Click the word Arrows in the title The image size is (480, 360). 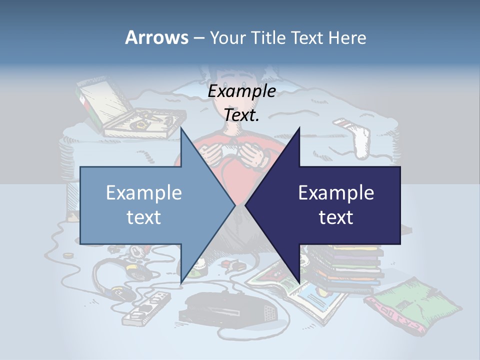click(156, 37)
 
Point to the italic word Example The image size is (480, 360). click(242, 91)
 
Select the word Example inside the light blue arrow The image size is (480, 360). click(144, 193)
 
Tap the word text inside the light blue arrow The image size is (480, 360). click(144, 217)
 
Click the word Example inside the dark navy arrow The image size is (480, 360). click(336, 193)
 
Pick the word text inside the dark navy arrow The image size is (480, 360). click(336, 217)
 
